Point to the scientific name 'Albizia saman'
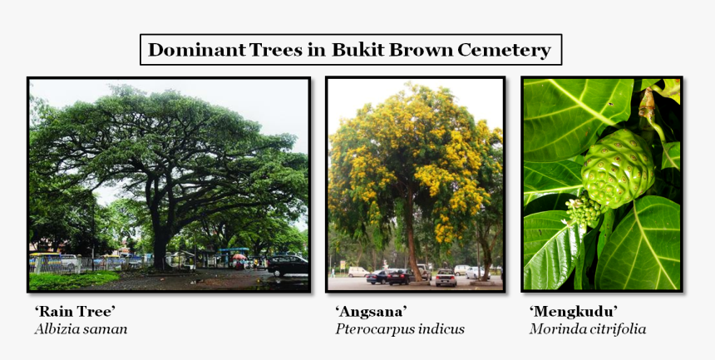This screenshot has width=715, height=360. [x=81, y=329]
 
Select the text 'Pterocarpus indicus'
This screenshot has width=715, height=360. [x=400, y=329]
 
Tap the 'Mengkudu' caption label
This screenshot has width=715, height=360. [x=574, y=311]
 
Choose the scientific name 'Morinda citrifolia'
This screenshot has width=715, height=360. [x=587, y=329]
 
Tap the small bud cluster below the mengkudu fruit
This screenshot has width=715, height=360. [x=584, y=212]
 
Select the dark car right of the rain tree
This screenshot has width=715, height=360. [x=287, y=265]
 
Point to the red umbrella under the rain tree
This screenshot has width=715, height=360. [x=239, y=256]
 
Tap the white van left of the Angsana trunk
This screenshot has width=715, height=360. [x=358, y=271]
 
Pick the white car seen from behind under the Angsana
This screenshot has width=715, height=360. [x=446, y=277]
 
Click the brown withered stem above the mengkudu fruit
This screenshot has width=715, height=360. [x=646, y=104]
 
